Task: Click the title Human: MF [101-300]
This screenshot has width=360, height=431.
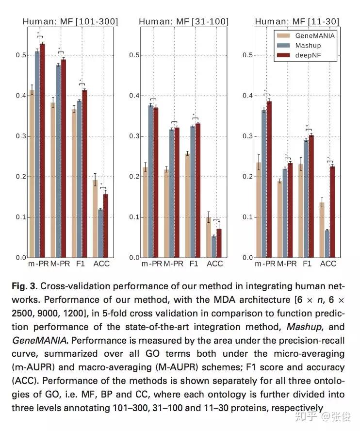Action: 70,21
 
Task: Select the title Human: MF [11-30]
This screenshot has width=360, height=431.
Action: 297,21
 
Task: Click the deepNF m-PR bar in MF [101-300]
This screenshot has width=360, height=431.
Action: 42,150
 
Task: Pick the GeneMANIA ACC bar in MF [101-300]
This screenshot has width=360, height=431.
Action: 95,218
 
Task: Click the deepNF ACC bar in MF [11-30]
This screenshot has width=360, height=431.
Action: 332,212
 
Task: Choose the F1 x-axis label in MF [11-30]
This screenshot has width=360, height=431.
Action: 307,264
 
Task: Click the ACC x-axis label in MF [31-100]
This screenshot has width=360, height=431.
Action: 214,264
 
